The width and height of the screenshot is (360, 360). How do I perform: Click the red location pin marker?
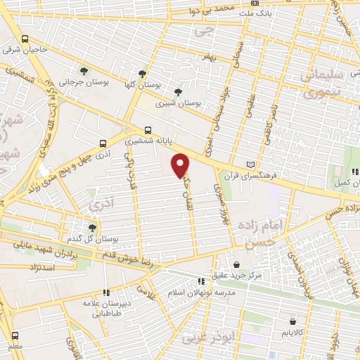tap(181, 165)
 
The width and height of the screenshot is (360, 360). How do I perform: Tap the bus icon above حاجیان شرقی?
tap(25, 39)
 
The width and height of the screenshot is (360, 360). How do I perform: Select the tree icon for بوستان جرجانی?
tap(84, 70)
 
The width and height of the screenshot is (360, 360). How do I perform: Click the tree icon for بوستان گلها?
tap(142, 73)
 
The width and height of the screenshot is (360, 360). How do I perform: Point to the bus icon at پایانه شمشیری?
tap(148, 130)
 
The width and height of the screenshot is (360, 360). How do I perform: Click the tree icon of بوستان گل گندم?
tap(92, 227)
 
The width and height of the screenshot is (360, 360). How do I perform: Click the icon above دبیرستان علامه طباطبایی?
tap(106, 292)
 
